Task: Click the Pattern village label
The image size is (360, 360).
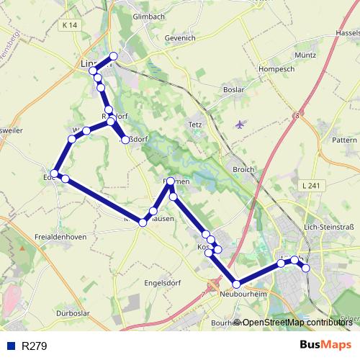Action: click(344, 139)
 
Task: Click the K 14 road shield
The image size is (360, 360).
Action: click(69, 25)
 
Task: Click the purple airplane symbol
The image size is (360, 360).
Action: click(240, 124)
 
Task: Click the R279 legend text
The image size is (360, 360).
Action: click(35, 346)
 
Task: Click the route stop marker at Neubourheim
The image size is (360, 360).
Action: click(236, 284)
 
